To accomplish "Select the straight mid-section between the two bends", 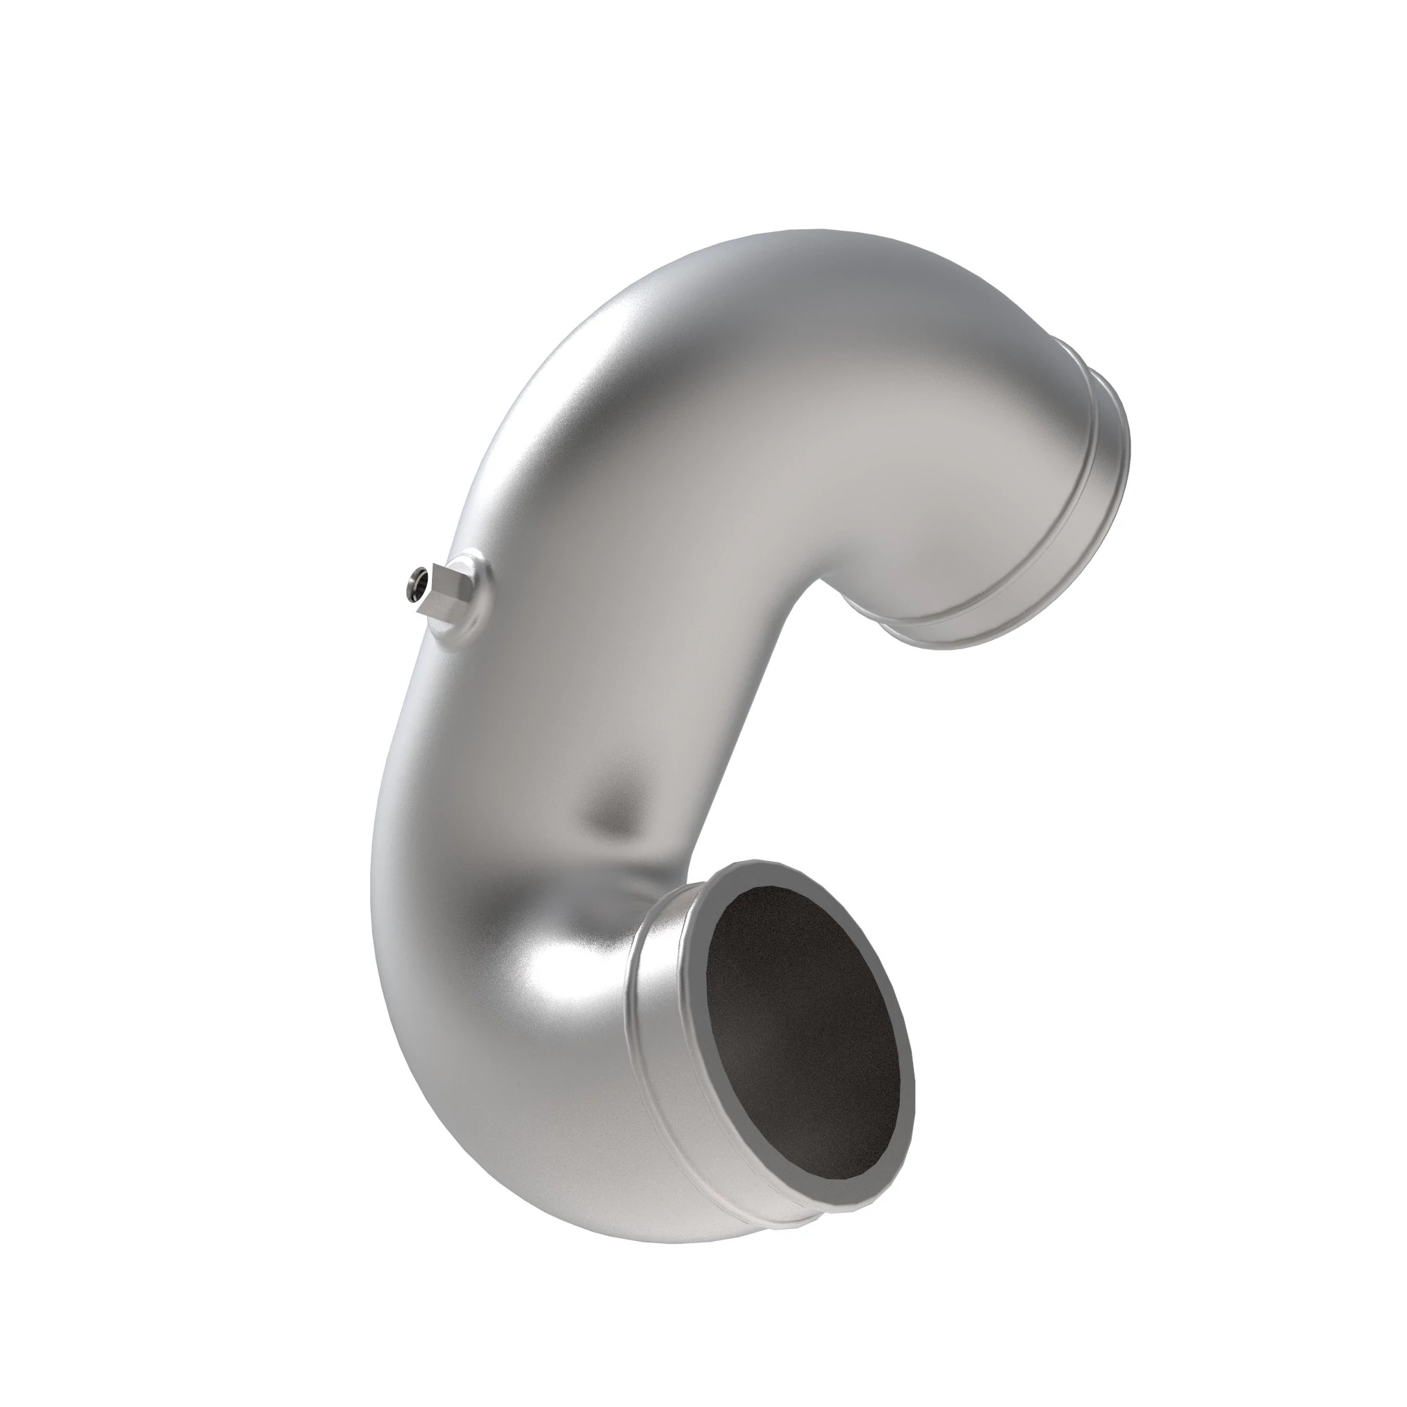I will [604, 656].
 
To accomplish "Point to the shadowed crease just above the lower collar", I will [641, 874].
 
